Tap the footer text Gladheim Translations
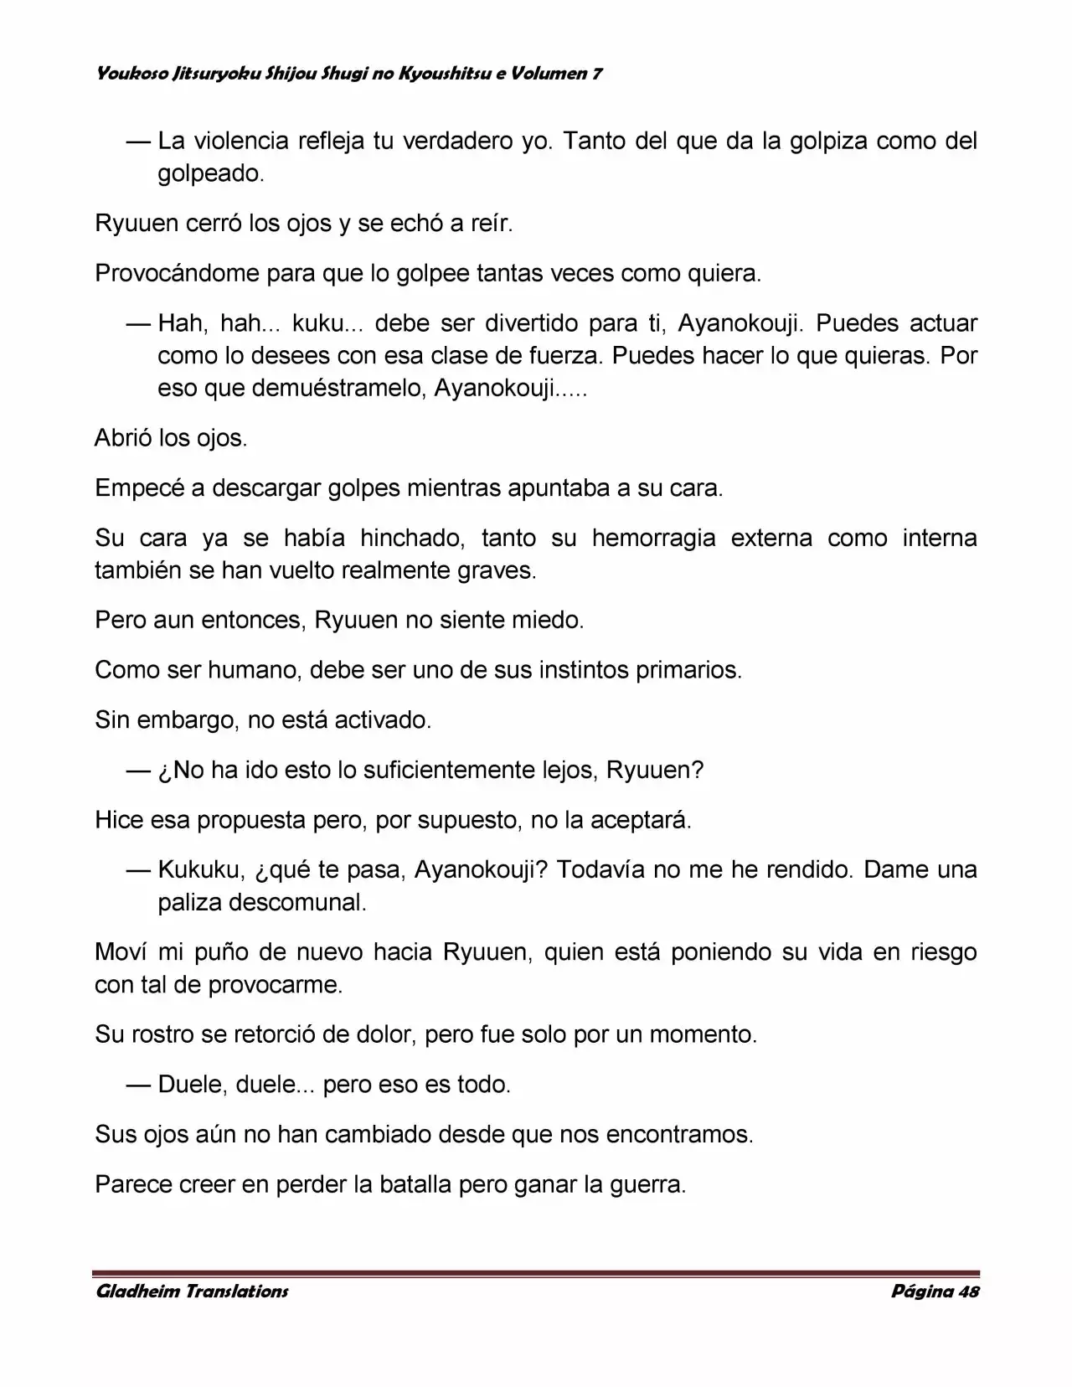(x=192, y=1291)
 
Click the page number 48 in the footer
(x=968, y=1291)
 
